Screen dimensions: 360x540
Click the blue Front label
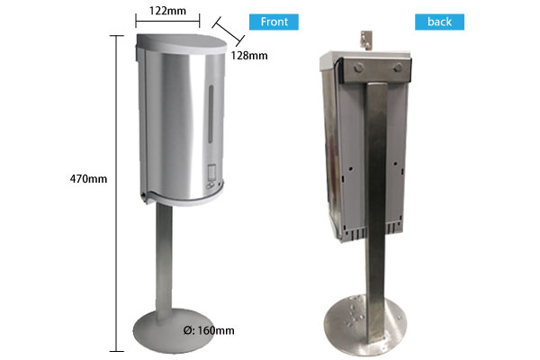pyautogui.click(x=274, y=22)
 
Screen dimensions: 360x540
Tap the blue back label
pyautogui.click(x=439, y=22)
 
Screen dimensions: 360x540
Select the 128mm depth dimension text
pyautogui.click(x=249, y=56)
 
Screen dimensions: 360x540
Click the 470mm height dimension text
pyautogui.click(x=88, y=178)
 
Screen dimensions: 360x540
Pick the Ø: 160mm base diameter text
pyautogui.click(x=207, y=330)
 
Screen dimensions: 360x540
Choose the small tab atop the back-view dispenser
pyautogui.click(x=365, y=38)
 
